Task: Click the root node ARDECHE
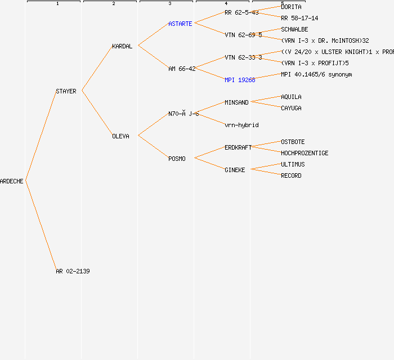[12, 181]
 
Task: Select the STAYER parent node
[66, 91]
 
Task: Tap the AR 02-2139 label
[73, 271]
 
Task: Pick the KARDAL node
[122, 46]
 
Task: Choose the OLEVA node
[120, 136]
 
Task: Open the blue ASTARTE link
[180, 24]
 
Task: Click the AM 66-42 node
[182, 69]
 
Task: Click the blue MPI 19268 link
[240, 80]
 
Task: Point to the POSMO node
[177, 159]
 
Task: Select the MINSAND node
[236, 102]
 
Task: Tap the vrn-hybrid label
[241, 125]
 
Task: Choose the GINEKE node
[235, 170]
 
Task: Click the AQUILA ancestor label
[291, 97]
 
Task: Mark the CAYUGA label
[291, 108]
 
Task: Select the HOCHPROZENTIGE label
[305, 153]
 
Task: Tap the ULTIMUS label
[293, 164]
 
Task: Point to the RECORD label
[291, 175]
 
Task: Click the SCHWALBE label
[294, 29]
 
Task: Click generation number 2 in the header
[113, 4]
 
